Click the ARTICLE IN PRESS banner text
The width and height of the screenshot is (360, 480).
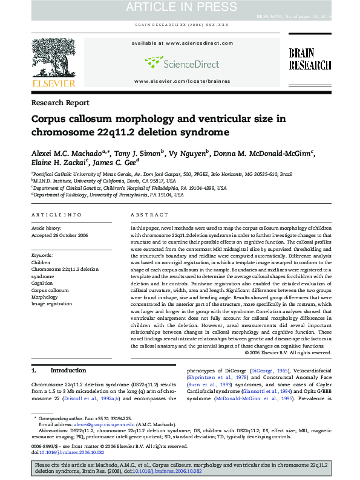coord(180,7)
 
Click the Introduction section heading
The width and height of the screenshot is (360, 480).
coord(67,370)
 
